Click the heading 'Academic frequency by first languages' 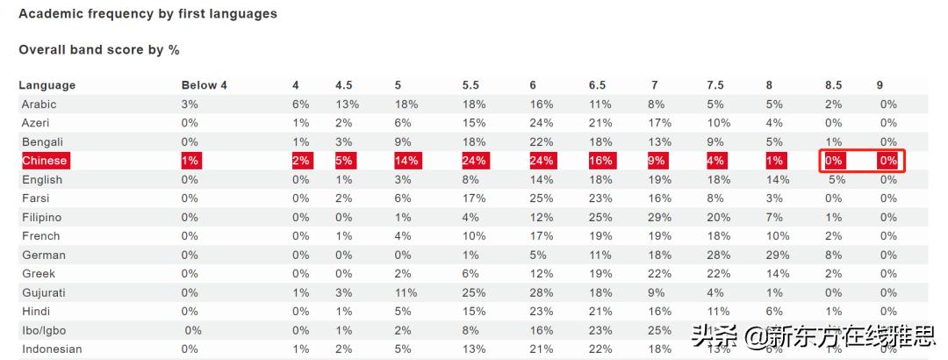pyautogui.click(x=147, y=14)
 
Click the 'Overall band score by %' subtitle pyautogui.click(x=99, y=50)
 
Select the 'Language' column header pyautogui.click(x=47, y=85)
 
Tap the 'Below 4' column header pyautogui.click(x=204, y=85)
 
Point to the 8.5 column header pyautogui.click(x=833, y=85)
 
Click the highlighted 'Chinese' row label pyautogui.click(x=45, y=161)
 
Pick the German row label pyautogui.click(x=44, y=255)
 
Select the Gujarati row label pyautogui.click(x=44, y=292)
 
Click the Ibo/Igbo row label pyautogui.click(x=44, y=330)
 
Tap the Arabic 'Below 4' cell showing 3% pyautogui.click(x=190, y=104)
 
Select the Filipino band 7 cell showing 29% pyautogui.click(x=660, y=217)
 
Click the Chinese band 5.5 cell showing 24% pyautogui.click(x=474, y=161)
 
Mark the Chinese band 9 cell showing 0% pyautogui.click(x=888, y=161)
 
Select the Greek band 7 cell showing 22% pyautogui.click(x=660, y=274)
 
